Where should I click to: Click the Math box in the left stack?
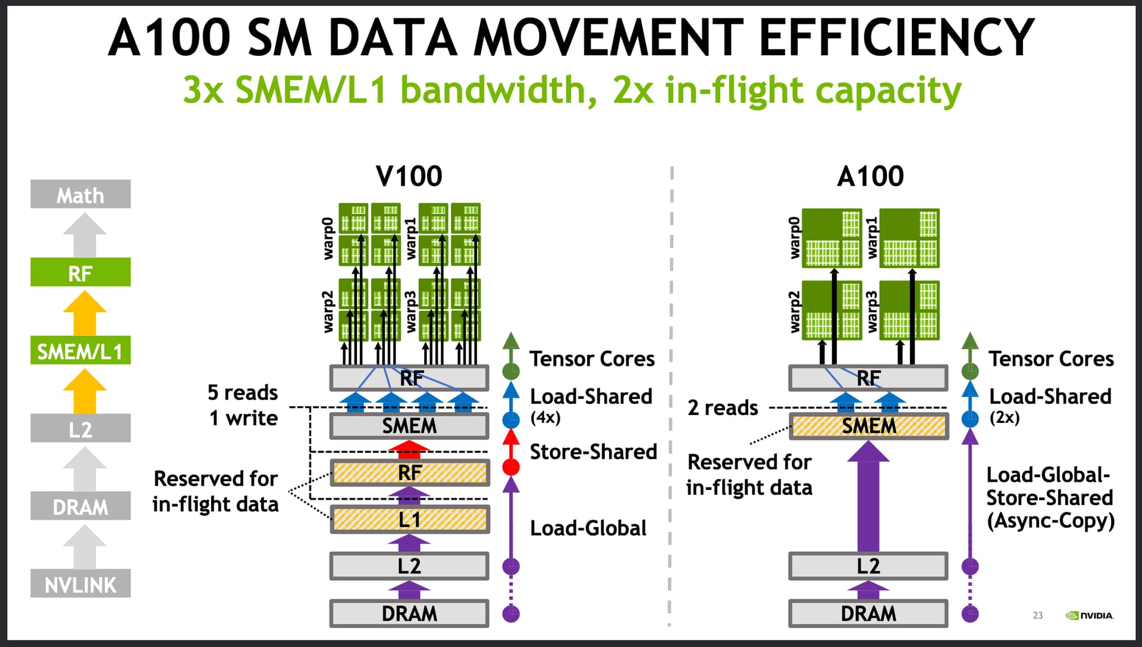(x=80, y=194)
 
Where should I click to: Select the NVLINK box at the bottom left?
(x=80, y=583)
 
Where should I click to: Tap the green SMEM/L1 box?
(x=80, y=350)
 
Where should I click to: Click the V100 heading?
(x=409, y=176)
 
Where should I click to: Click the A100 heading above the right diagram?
(x=870, y=176)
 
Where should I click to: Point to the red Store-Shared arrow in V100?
(x=409, y=450)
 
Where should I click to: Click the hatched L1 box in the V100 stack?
(x=410, y=520)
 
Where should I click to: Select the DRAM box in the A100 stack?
(x=868, y=613)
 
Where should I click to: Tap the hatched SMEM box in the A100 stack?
(x=868, y=426)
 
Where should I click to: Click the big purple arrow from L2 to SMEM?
(x=868, y=497)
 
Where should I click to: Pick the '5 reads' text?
(x=243, y=392)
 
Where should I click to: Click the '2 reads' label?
(x=723, y=408)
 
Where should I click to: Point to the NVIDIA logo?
(x=1090, y=615)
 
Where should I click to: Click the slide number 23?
(x=1038, y=615)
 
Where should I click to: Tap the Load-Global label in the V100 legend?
(x=588, y=528)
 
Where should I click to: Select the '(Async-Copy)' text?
(x=1050, y=522)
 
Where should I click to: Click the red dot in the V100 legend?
(x=511, y=467)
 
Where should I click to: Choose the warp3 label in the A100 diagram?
(x=872, y=312)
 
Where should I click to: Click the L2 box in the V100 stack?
(x=410, y=566)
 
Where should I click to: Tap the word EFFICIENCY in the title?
(x=898, y=37)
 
